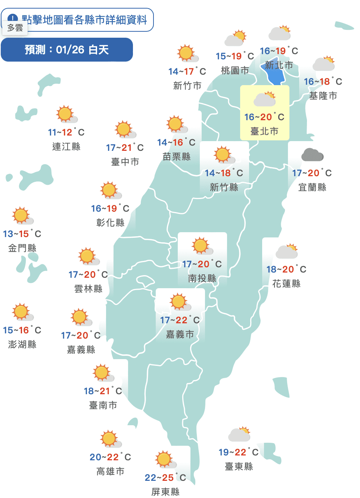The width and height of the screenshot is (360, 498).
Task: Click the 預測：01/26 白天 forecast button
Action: (x=67, y=50)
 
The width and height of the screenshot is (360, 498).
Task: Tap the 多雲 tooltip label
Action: (x=15, y=28)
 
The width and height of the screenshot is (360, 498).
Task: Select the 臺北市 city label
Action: (x=264, y=131)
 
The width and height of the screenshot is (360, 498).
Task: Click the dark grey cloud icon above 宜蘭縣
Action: (x=312, y=155)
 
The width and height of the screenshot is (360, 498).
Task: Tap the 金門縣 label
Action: (x=22, y=248)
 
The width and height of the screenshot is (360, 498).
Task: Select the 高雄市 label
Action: (x=110, y=471)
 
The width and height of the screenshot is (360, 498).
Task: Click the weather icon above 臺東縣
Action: (x=239, y=434)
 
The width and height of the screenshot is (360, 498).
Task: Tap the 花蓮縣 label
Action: (x=286, y=284)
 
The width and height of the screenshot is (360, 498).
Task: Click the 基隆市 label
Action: (x=323, y=96)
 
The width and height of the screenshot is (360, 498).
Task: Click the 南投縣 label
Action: (x=202, y=278)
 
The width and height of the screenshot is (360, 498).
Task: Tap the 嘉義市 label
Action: (x=180, y=334)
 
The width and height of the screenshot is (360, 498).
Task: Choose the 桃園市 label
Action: (x=235, y=70)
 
